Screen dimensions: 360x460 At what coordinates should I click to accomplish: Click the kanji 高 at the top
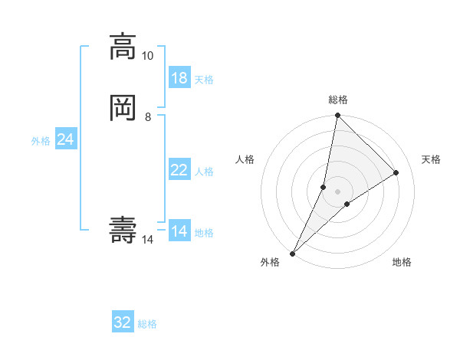pos(123,47)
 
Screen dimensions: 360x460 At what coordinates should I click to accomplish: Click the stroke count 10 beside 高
pos(147,56)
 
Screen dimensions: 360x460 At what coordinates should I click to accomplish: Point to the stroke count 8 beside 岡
pos(147,116)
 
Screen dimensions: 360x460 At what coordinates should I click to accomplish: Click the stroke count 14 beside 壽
pos(147,240)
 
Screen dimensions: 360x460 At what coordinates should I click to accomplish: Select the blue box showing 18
pos(179,78)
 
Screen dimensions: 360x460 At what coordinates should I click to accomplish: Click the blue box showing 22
pos(179,170)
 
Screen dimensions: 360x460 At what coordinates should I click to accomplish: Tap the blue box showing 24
pos(65,139)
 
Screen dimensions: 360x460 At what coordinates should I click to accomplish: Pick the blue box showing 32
pos(123,322)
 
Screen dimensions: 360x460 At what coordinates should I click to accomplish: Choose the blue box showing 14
pos(179,231)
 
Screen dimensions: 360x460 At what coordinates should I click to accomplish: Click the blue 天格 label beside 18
pos(204,80)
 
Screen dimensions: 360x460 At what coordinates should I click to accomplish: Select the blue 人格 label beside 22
pos(204,172)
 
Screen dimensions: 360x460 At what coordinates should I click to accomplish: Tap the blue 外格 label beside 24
pos(41,141)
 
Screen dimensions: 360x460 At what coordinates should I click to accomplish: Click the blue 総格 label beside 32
pos(147,324)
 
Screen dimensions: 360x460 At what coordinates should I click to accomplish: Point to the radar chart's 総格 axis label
pos(337,100)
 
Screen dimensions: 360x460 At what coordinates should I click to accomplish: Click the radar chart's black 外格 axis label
pos(270,262)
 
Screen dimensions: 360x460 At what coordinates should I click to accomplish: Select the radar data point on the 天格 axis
pos(396,172)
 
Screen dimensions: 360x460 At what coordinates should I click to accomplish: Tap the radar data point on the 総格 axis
pos(337,116)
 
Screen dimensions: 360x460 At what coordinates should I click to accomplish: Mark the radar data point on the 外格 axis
pos(293,252)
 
